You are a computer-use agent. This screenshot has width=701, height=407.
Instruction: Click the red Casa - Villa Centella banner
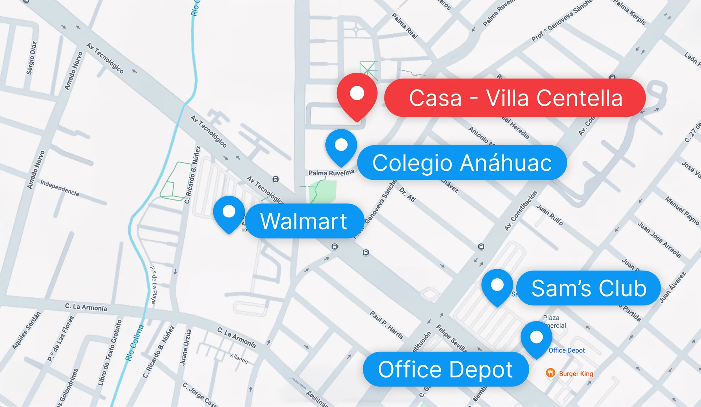515,98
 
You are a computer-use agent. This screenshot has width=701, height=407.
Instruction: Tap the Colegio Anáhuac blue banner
462,163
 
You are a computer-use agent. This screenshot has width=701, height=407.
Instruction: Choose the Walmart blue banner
304,221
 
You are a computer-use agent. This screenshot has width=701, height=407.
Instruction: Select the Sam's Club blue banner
588,288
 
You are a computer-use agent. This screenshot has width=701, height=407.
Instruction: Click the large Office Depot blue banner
445,369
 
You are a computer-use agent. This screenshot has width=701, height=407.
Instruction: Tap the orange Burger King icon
550,373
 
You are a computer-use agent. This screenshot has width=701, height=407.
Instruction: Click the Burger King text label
576,374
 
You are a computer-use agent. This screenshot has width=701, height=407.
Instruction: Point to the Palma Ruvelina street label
331,172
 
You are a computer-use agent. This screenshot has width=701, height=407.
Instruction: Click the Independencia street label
60,187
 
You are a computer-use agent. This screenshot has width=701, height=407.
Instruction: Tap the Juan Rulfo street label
549,214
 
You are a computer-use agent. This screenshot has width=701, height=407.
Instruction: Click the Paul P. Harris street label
386,324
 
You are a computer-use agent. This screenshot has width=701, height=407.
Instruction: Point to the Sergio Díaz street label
31,58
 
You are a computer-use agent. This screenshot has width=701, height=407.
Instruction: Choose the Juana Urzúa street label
185,347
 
